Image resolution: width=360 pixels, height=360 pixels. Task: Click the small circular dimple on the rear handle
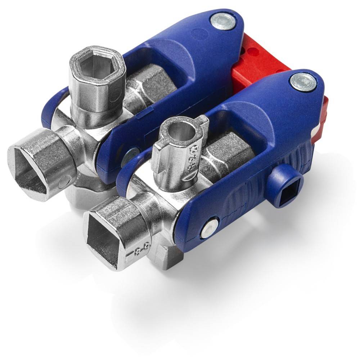[x=197, y=34]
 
